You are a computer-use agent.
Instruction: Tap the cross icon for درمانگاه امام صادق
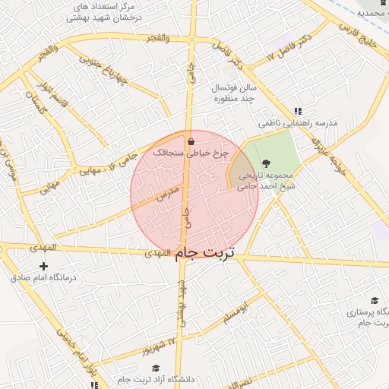point(43,266)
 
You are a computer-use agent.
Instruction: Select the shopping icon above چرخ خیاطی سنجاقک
point(190,141)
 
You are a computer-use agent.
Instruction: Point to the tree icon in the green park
point(266,163)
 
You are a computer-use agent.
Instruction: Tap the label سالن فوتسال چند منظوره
point(236,93)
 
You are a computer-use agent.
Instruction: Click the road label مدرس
point(168,192)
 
